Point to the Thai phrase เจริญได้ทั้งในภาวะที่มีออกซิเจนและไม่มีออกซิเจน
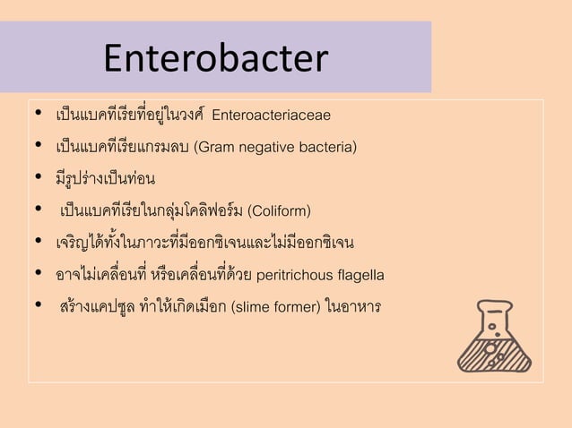coord(204,243)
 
